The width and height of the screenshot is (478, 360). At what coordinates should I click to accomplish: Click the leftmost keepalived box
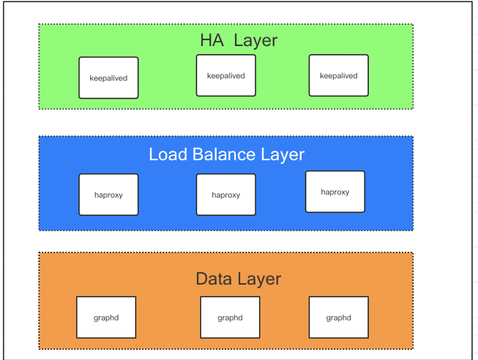tap(108, 78)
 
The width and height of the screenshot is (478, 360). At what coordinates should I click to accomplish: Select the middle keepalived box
tap(225, 75)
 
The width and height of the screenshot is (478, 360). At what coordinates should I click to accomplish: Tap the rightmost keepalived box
tap(338, 75)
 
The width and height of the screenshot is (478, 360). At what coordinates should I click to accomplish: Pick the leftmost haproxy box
tap(108, 195)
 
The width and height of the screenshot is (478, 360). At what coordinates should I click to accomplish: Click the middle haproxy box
tap(225, 195)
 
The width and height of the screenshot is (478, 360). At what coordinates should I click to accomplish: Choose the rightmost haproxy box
tap(335, 192)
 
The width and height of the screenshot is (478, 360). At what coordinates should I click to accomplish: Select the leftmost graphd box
tap(106, 318)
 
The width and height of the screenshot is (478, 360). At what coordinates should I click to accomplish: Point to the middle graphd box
tap(230, 318)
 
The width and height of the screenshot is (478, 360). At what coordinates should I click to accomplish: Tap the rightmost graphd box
tap(338, 318)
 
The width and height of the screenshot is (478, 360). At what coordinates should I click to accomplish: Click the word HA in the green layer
tap(212, 40)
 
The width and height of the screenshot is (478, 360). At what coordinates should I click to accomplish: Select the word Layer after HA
tap(255, 40)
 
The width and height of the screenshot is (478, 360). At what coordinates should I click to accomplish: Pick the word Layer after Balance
tap(282, 154)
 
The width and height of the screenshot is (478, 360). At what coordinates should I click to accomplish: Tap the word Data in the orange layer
tap(214, 279)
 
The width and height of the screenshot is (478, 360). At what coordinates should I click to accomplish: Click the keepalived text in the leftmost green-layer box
tap(108, 78)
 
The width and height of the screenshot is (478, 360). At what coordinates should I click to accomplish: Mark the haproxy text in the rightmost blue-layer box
tap(335, 192)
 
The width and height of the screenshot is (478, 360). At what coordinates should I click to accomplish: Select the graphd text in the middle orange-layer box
tap(230, 318)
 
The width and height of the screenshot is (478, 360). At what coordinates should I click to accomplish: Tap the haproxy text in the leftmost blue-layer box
tap(108, 195)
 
